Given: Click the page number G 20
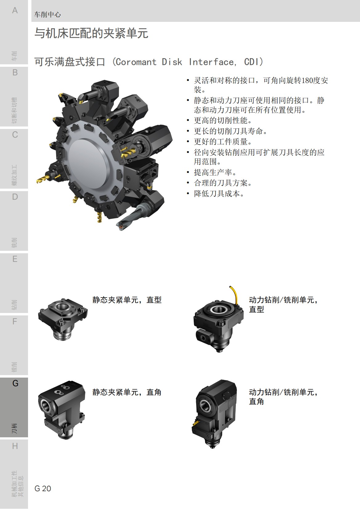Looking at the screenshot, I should pyautogui.click(x=43, y=488).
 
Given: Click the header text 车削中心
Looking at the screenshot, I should pyautogui.click(x=47, y=14).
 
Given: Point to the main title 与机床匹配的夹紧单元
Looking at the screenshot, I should pyautogui.click(x=91, y=33).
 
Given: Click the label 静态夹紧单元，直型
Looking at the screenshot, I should pyautogui.click(x=127, y=300).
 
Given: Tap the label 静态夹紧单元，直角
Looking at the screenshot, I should pyautogui.click(x=127, y=392).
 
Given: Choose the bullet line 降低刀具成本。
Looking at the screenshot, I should pyautogui.click(x=219, y=194).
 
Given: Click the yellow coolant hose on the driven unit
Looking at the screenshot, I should pyautogui.click(x=234, y=294).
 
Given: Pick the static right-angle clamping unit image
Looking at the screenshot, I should pyautogui.click(x=62, y=409).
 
